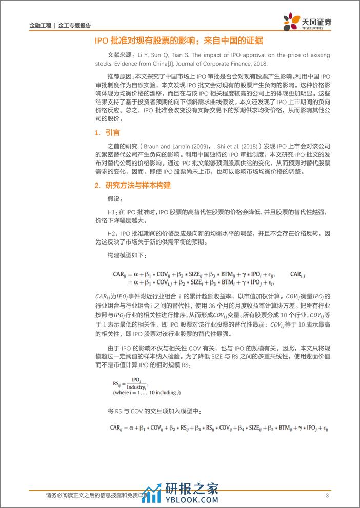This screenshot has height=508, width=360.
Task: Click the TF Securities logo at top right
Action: click(307, 22)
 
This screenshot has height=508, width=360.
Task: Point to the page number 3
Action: click(327, 495)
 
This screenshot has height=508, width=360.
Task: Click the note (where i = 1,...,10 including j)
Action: click(148, 392)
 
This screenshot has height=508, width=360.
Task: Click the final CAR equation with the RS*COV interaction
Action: click(218, 426)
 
